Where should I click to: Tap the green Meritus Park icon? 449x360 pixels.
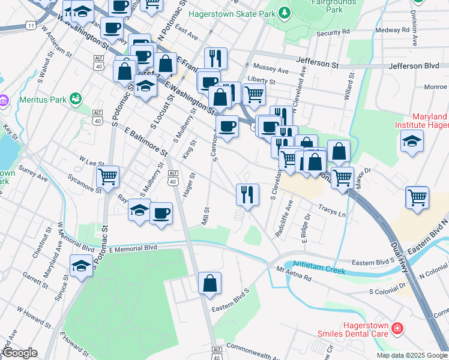click(76, 98)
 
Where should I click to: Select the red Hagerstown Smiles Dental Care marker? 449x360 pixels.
click(396, 328)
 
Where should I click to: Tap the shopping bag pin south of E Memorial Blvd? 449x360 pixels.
click(209, 284)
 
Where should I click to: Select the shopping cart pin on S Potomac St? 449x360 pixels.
click(108, 177)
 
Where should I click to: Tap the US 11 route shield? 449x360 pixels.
click(29, 25)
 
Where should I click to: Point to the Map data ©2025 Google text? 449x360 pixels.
click(411, 355)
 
